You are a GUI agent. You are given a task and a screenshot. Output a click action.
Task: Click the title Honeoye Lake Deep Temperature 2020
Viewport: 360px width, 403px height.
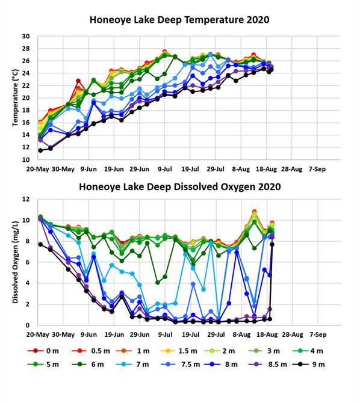(179, 20)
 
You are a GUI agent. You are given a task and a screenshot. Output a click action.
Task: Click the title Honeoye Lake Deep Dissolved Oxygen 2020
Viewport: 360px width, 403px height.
(179, 187)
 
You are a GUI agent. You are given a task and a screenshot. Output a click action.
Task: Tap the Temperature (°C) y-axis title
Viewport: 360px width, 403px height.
(16, 97)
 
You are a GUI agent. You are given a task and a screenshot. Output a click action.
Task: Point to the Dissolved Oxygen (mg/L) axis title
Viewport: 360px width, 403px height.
(16, 262)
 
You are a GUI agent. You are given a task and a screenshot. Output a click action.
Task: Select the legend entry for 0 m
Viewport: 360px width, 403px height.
(43, 351)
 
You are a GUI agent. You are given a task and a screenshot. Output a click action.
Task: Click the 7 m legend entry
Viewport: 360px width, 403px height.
(132, 365)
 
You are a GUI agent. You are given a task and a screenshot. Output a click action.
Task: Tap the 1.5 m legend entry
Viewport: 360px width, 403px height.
(179, 351)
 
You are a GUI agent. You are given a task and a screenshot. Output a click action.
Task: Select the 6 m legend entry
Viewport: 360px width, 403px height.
(88, 365)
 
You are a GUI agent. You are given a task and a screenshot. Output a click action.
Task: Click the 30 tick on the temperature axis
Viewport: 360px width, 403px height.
(26, 36)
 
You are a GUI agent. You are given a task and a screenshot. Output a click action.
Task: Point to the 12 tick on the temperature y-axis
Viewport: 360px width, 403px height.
(26, 147)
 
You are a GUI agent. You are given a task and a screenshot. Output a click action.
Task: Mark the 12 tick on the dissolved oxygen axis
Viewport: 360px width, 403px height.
(26, 199)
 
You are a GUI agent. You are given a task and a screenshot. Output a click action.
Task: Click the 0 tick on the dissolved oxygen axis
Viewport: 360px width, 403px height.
(28, 325)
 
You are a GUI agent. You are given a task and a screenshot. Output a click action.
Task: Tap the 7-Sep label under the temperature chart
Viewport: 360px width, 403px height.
(317, 169)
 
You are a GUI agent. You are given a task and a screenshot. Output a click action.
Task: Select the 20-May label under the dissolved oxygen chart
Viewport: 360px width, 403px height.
(37, 334)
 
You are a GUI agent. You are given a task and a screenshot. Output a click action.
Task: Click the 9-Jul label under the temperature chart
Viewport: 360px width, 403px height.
(165, 169)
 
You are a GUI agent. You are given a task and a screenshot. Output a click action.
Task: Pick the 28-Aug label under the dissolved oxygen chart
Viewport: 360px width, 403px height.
(293, 334)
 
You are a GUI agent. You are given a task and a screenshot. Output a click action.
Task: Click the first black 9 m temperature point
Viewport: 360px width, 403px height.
(40, 150)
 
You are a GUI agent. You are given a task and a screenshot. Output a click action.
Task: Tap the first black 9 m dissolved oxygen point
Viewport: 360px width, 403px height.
(40, 244)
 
